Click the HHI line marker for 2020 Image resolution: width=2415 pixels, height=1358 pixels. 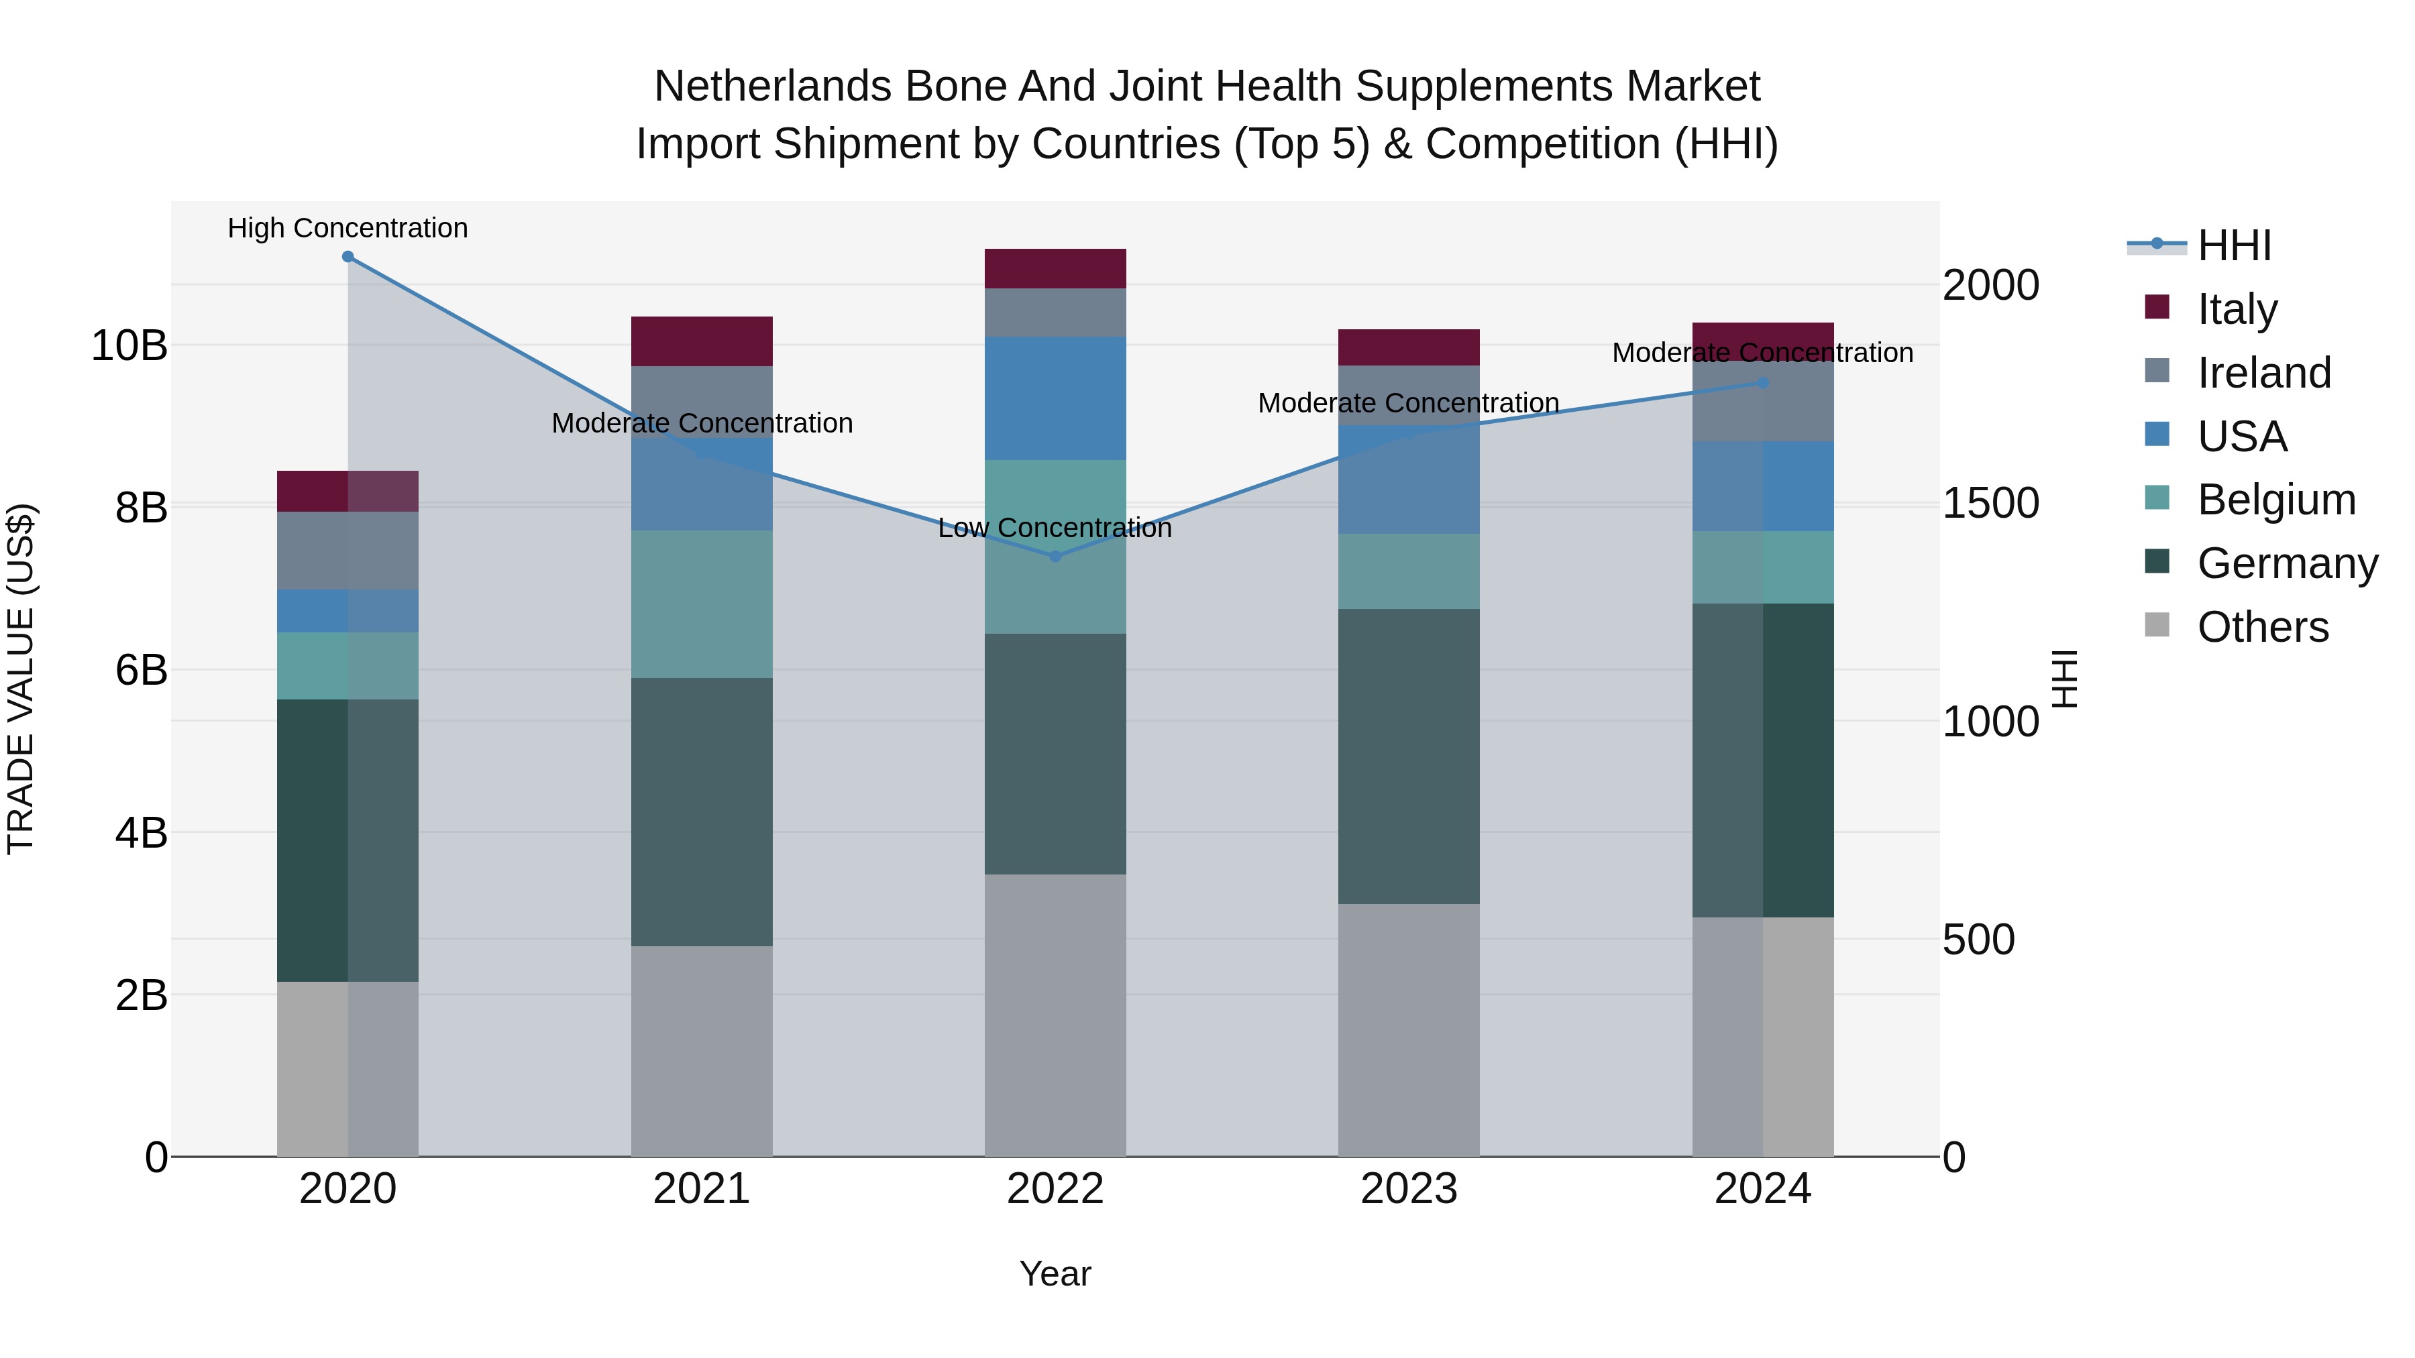click(347, 257)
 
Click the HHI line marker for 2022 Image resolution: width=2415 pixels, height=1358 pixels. click(1056, 557)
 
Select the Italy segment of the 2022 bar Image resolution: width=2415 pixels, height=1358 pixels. click(1056, 269)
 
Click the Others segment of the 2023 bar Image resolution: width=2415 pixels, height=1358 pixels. click(1408, 1030)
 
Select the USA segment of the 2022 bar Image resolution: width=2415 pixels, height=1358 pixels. click(1056, 398)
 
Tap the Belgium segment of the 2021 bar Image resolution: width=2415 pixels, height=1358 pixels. click(701, 604)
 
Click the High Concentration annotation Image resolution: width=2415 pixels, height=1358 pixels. click(347, 229)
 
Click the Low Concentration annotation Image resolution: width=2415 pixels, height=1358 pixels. click(1056, 528)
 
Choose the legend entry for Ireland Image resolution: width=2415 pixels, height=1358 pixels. click(2263, 373)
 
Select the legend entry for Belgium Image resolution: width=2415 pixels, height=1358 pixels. click(2275, 500)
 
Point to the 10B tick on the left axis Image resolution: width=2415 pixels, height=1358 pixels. click(129, 346)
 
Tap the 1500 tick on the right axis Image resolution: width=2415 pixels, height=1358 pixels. click(1990, 503)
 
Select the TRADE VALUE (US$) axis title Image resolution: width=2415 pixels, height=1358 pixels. click(21, 679)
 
